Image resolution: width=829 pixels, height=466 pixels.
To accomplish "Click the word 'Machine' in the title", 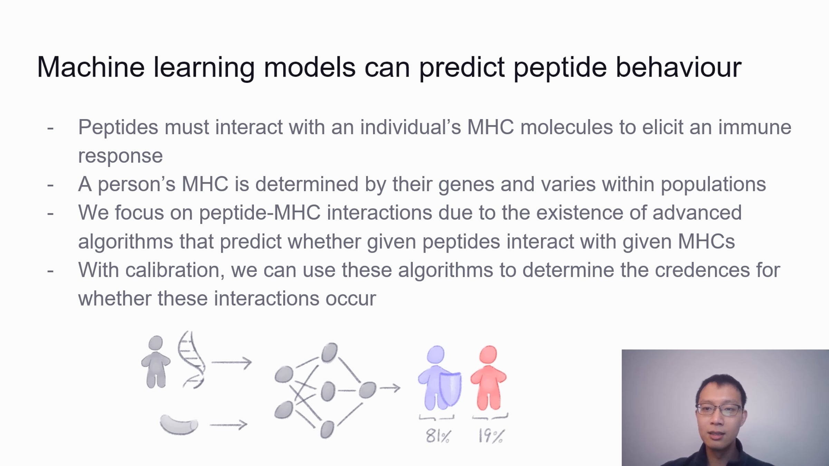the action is (x=91, y=67).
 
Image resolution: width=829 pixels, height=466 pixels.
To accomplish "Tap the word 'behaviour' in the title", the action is (x=678, y=67).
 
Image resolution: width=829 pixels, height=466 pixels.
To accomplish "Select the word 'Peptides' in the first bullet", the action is (x=118, y=127).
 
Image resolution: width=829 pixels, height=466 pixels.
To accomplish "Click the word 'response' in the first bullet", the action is (x=120, y=156).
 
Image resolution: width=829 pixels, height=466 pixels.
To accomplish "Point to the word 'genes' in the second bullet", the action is (x=466, y=185).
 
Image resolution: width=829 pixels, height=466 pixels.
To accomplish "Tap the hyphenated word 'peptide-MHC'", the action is (x=260, y=213).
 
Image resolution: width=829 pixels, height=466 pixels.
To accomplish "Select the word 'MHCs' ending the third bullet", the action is (x=706, y=241).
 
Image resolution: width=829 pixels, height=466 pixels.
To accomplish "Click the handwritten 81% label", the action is (x=438, y=436).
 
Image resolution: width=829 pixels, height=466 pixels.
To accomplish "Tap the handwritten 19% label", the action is (x=491, y=436).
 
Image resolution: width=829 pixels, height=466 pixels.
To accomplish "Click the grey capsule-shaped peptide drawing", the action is (x=179, y=425).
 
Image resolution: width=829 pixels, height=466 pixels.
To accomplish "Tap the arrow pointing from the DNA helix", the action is (x=232, y=362).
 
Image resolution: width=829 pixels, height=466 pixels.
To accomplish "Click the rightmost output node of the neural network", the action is (x=368, y=390).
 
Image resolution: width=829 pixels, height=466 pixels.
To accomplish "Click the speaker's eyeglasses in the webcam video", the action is (x=719, y=410).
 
